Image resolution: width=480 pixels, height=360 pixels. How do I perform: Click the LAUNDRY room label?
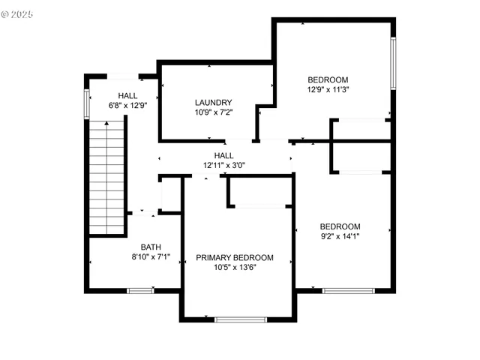213,103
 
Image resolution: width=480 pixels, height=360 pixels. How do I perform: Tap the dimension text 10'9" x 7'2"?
213,112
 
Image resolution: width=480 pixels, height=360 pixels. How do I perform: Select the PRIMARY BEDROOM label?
235,257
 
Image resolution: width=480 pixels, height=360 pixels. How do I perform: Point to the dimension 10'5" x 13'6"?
235,267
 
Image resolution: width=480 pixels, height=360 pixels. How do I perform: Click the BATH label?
151,247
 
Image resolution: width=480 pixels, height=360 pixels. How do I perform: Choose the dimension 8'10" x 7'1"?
151,256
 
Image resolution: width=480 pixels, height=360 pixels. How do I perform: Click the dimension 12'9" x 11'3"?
328,89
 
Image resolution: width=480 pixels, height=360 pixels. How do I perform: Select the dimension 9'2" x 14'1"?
340,236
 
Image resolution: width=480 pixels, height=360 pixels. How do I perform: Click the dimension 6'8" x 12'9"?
127,105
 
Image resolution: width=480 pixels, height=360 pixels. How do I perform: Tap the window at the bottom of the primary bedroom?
241,319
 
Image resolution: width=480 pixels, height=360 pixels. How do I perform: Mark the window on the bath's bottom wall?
139,289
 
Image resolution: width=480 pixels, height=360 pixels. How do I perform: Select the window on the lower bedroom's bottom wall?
349,290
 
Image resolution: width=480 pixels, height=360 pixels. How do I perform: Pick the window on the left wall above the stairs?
87,103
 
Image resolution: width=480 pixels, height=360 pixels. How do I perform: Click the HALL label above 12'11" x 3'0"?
224,155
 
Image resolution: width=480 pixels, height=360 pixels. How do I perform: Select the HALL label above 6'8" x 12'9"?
127,95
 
